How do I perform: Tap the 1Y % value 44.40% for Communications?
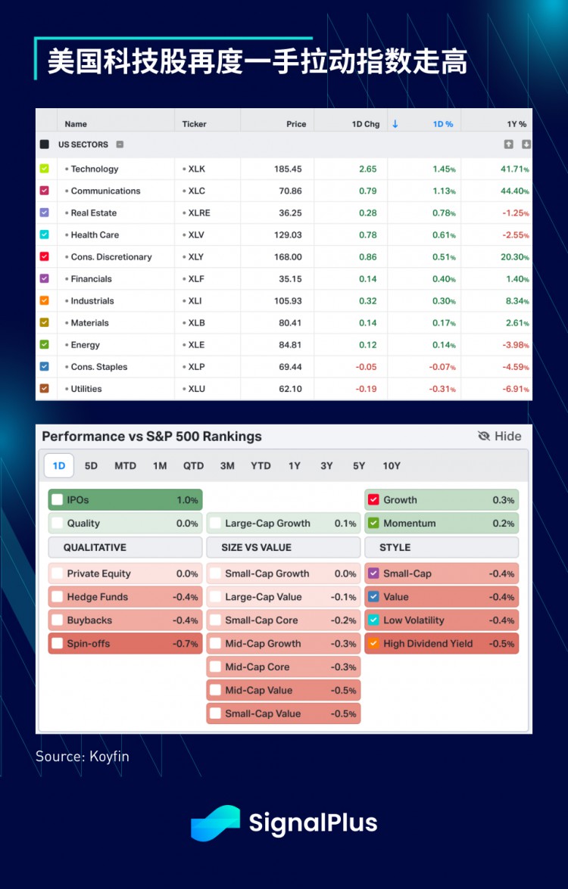point(513,191)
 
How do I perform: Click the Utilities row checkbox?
point(44,388)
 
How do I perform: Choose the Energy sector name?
point(85,345)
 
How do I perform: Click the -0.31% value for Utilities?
point(443,389)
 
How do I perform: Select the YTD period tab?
point(261,465)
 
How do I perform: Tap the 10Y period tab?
point(392,465)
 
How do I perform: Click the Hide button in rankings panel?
point(500,436)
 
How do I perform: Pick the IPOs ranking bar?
point(125,500)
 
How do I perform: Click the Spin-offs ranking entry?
point(125,644)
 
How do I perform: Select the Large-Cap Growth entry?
point(282,524)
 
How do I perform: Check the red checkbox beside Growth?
point(373,500)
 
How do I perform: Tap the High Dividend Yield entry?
point(442,644)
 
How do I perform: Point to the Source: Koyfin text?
point(82,756)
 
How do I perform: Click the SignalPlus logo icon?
point(215,823)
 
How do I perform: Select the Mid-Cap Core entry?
point(282,667)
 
